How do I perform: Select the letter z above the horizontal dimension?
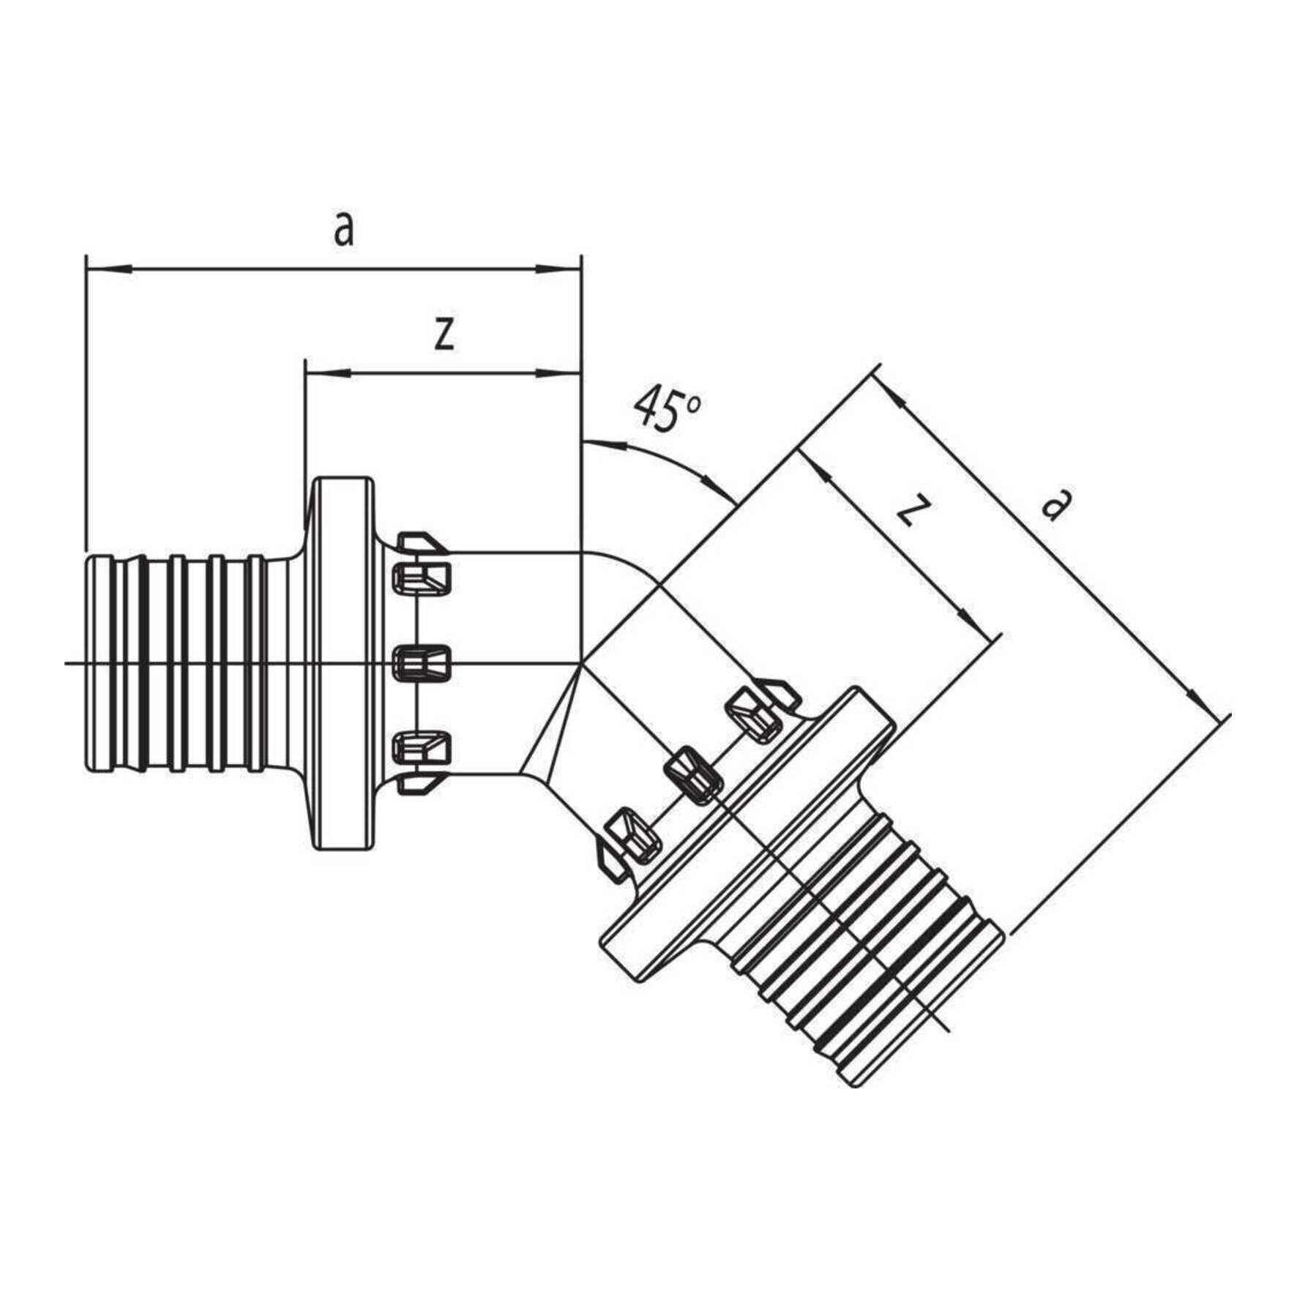(444, 334)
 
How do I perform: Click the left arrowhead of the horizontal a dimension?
(110, 271)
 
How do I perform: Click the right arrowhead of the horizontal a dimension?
(558, 271)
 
